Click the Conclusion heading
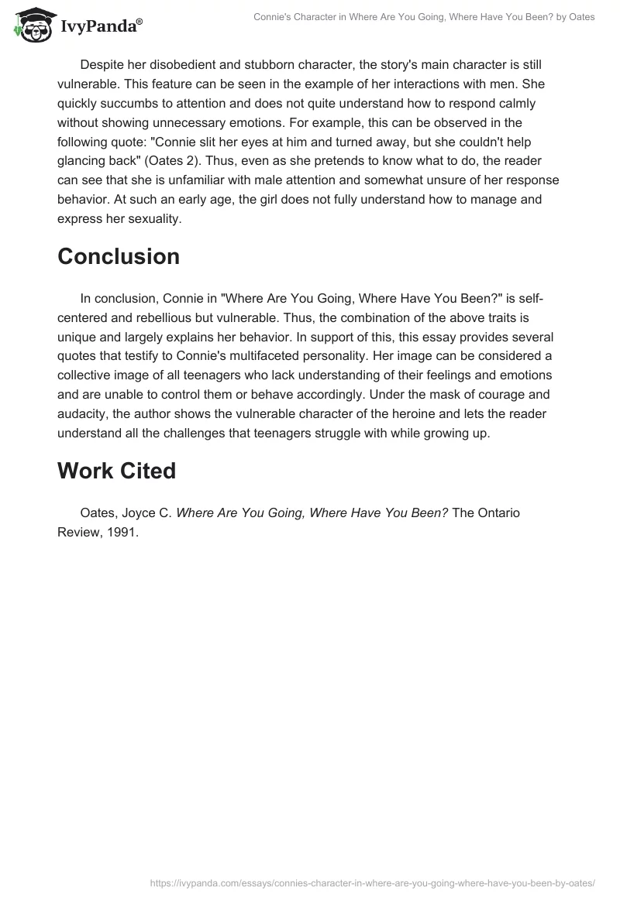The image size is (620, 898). (119, 256)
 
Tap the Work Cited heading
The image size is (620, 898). (116, 471)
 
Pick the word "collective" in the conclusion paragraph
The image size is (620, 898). (88, 375)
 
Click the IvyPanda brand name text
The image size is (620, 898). (101, 28)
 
